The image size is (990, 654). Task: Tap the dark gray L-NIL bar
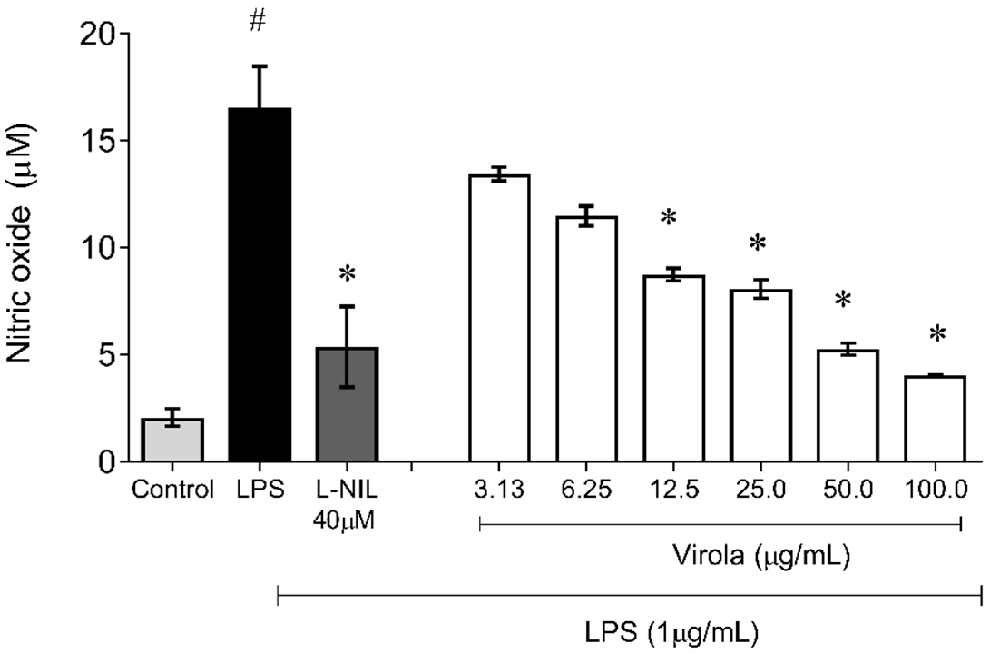(347, 404)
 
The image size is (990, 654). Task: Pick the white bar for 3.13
(500, 318)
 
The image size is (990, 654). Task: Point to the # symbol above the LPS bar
(257, 22)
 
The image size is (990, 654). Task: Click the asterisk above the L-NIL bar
(347, 275)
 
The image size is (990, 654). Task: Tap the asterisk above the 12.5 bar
(668, 218)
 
